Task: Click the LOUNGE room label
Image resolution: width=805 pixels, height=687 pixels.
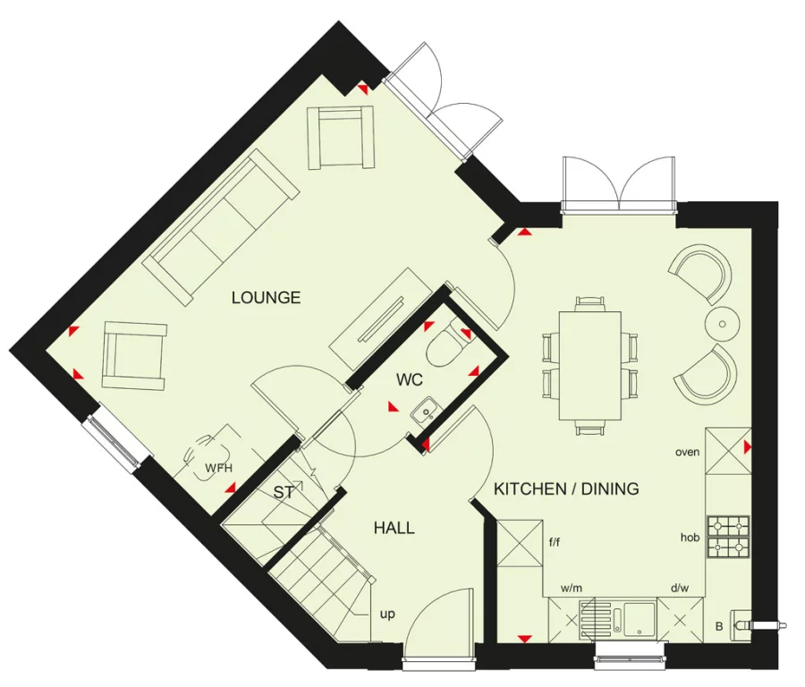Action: pyautogui.click(x=266, y=298)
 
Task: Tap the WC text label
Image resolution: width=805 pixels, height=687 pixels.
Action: pyautogui.click(x=409, y=380)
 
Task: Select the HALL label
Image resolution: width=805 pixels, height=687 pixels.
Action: pyautogui.click(x=394, y=528)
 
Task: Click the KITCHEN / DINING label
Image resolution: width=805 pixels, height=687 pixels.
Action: pyautogui.click(x=566, y=488)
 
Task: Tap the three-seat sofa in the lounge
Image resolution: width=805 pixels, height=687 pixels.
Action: pyautogui.click(x=224, y=224)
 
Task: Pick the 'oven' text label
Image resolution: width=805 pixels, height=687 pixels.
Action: pyautogui.click(x=687, y=452)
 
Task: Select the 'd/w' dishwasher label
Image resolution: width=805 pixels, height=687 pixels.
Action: pyautogui.click(x=679, y=589)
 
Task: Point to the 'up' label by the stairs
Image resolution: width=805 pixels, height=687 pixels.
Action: pyautogui.click(x=387, y=615)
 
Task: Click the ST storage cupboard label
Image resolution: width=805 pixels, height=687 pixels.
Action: pyautogui.click(x=284, y=492)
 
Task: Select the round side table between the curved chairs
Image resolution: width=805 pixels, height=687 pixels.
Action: pyautogui.click(x=722, y=321)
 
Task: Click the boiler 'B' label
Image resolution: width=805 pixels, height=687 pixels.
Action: pyautogui.click(x=718, y=627)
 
